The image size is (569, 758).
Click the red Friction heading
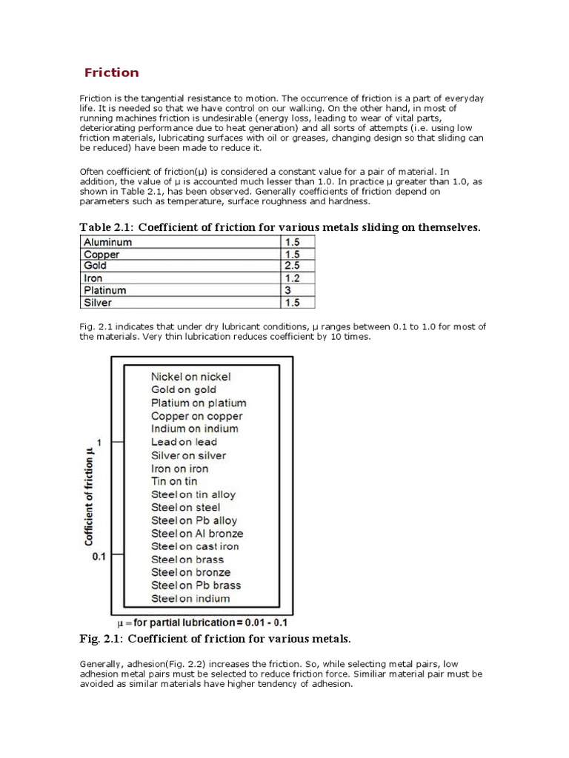111,73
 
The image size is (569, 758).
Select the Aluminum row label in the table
108,242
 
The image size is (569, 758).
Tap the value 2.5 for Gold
291,266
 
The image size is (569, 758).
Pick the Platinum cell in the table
105,291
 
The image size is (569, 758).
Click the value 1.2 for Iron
291,278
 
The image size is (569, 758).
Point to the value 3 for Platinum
287,291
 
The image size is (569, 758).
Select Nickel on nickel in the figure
190,377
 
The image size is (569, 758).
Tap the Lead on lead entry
184,442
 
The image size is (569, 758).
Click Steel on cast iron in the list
195,546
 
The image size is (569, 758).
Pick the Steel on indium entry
190,598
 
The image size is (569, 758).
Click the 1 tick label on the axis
99,442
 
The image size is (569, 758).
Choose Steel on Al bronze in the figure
197,533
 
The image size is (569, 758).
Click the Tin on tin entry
174,481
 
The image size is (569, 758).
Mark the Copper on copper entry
196,416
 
